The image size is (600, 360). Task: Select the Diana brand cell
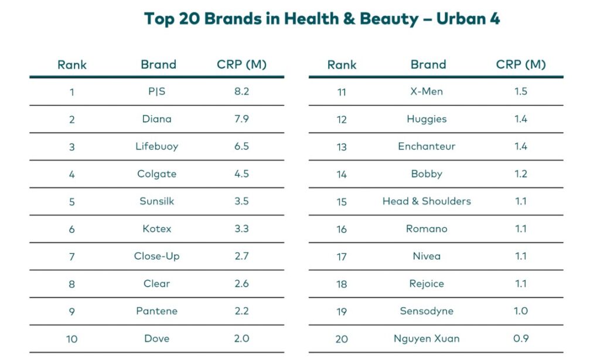click(157, 119)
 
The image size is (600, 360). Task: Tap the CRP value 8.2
click(241, 91)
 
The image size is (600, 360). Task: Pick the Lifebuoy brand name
click(157, 147)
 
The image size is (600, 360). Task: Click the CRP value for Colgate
click(241, 174)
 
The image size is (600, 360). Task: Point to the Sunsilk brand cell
click(157, 201)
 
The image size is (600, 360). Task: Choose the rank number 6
click(72, 229)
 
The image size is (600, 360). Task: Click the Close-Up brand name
click(157, 256)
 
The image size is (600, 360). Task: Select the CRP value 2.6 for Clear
click(241, 284)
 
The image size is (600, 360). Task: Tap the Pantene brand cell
click(157, 311)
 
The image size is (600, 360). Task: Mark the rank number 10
click(72, 339)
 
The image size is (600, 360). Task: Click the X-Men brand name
click(427, 91)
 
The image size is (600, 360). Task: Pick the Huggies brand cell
click(427, 119)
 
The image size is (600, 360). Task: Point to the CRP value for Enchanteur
click(521, 147)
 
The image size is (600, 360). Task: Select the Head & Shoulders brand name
click(427, 201)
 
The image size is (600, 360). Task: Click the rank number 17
click(342, 257)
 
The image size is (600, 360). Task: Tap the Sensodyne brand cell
click(427, 311)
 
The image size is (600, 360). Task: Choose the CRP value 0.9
click(521, 339)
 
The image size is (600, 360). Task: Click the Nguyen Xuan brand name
click(427, 339)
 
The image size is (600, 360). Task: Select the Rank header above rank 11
click(342, 64)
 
